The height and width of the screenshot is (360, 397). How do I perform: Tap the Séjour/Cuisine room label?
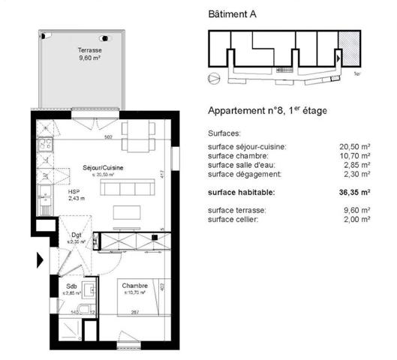coord(104,167)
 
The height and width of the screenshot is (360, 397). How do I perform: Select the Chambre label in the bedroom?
coord(135,286)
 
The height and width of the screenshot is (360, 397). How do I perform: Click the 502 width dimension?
coord(109,136)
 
